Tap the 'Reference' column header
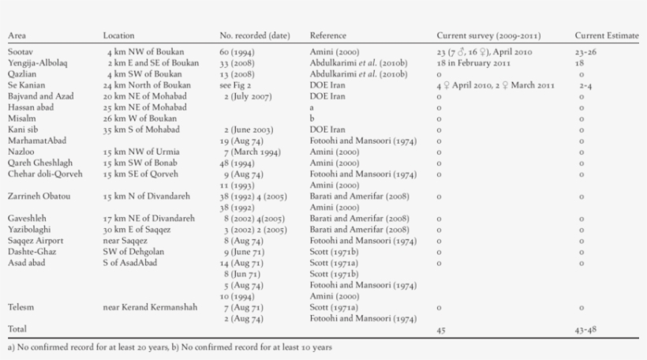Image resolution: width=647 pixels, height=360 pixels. coord(328,36)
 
